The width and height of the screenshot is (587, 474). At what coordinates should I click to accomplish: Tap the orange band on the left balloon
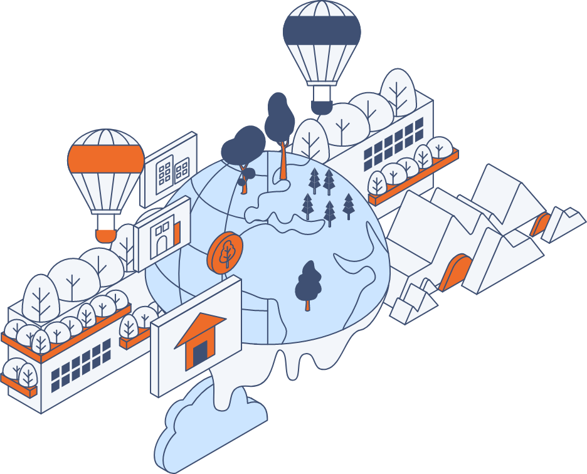[106, 159]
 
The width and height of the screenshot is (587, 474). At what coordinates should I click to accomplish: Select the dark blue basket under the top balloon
[322, 107]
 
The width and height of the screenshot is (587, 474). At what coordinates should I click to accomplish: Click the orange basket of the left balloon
[106, 235]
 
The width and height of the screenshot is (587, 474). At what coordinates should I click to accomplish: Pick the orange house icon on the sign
[199, 339]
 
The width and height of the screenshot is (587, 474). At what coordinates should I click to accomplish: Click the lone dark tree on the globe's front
[308, 284]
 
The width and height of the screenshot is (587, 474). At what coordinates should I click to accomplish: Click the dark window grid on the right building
[393, 145]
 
